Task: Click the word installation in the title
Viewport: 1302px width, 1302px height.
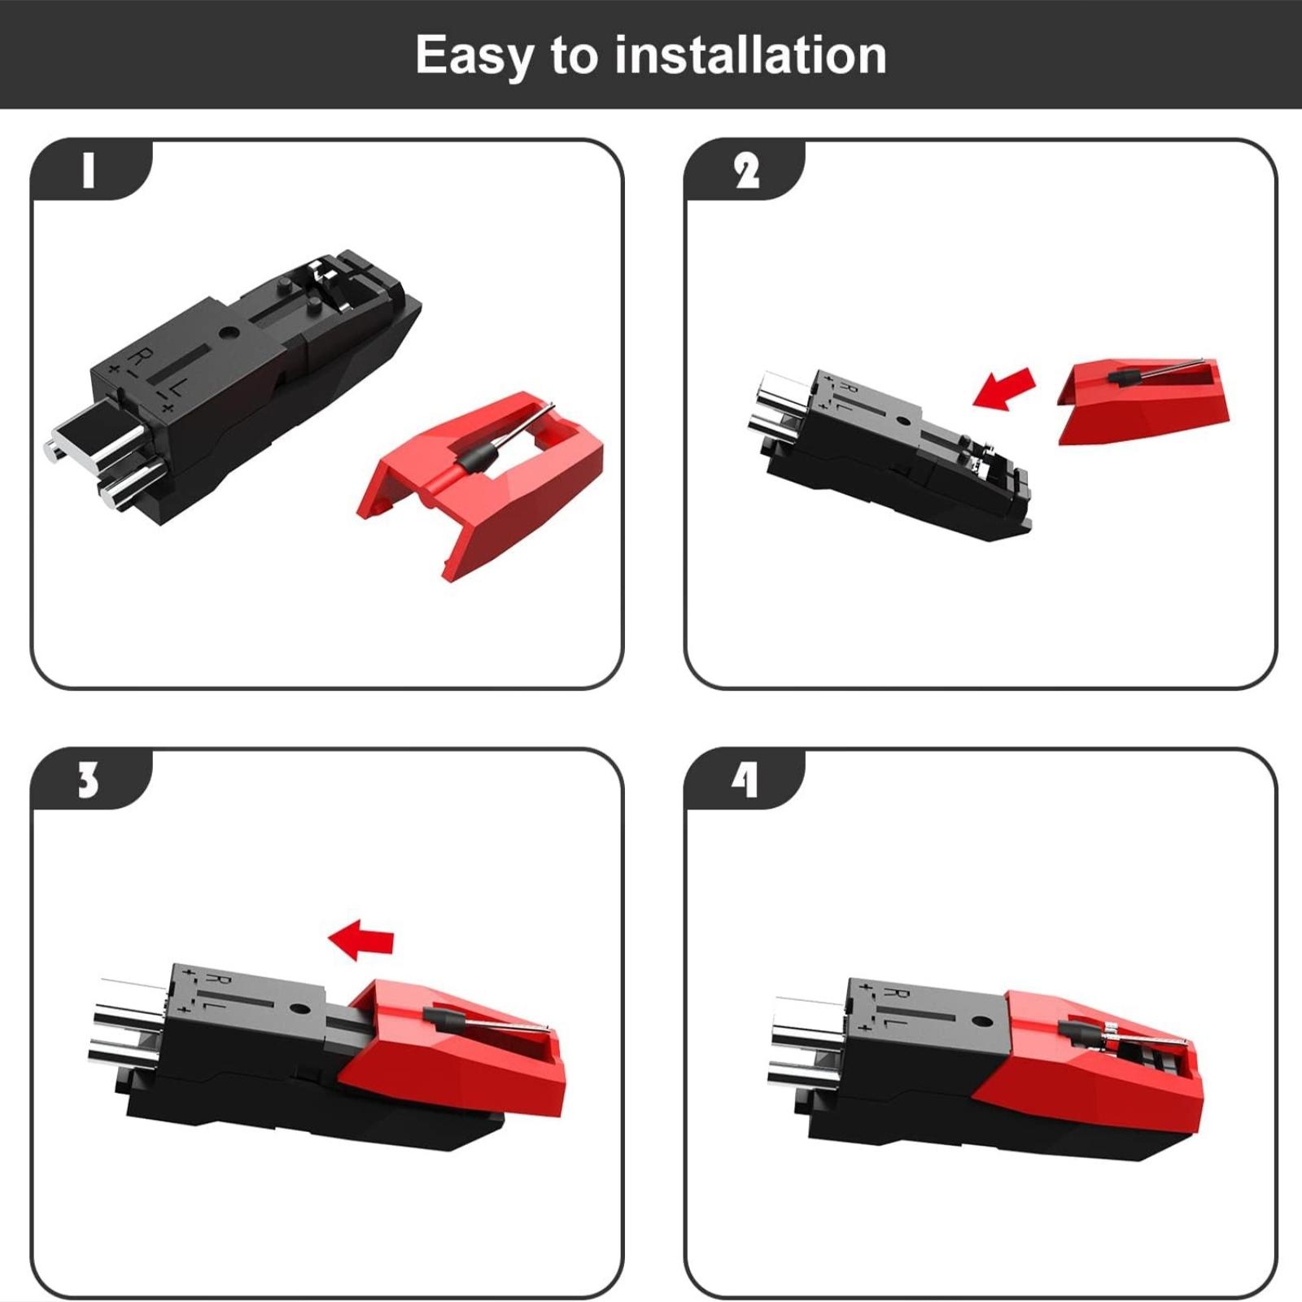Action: click(750, 55)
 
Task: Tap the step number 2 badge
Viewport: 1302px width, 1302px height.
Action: click(745, 170)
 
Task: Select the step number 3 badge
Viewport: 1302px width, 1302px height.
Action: click(90, 779)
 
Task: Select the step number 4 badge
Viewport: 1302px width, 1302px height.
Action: click(745, 779)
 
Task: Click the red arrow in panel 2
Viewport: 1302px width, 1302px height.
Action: click(1005, 388)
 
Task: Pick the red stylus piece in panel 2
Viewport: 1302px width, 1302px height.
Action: click(1143, 401)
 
